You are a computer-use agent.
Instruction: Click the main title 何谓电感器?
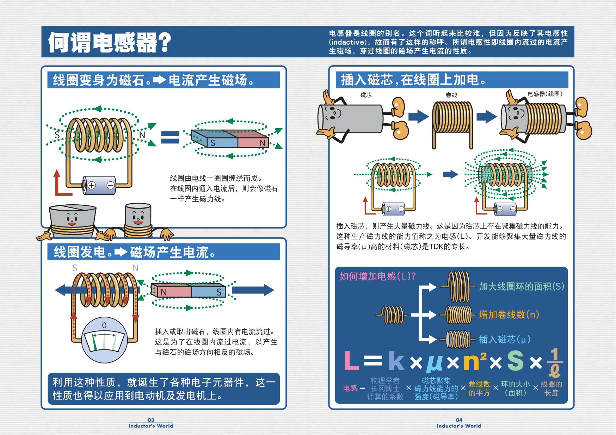point(110,43)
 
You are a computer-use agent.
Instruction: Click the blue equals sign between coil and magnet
point(170,137)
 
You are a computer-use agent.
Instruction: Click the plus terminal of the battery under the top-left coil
point(92,185)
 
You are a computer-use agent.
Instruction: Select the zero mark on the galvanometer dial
point(104,325)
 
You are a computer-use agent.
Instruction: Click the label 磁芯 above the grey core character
point(366,95)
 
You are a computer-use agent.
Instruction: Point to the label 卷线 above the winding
point(451,95)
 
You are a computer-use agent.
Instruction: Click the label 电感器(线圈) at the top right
point(544,94)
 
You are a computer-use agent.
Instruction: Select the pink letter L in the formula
point(351,361)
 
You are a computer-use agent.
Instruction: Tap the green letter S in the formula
point(515,361)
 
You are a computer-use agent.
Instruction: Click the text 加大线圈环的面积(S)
point(521,286)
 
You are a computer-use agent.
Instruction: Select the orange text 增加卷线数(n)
point(509,315)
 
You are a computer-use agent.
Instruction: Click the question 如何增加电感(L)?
point(377,276)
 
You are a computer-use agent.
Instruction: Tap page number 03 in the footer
point(151,420)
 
